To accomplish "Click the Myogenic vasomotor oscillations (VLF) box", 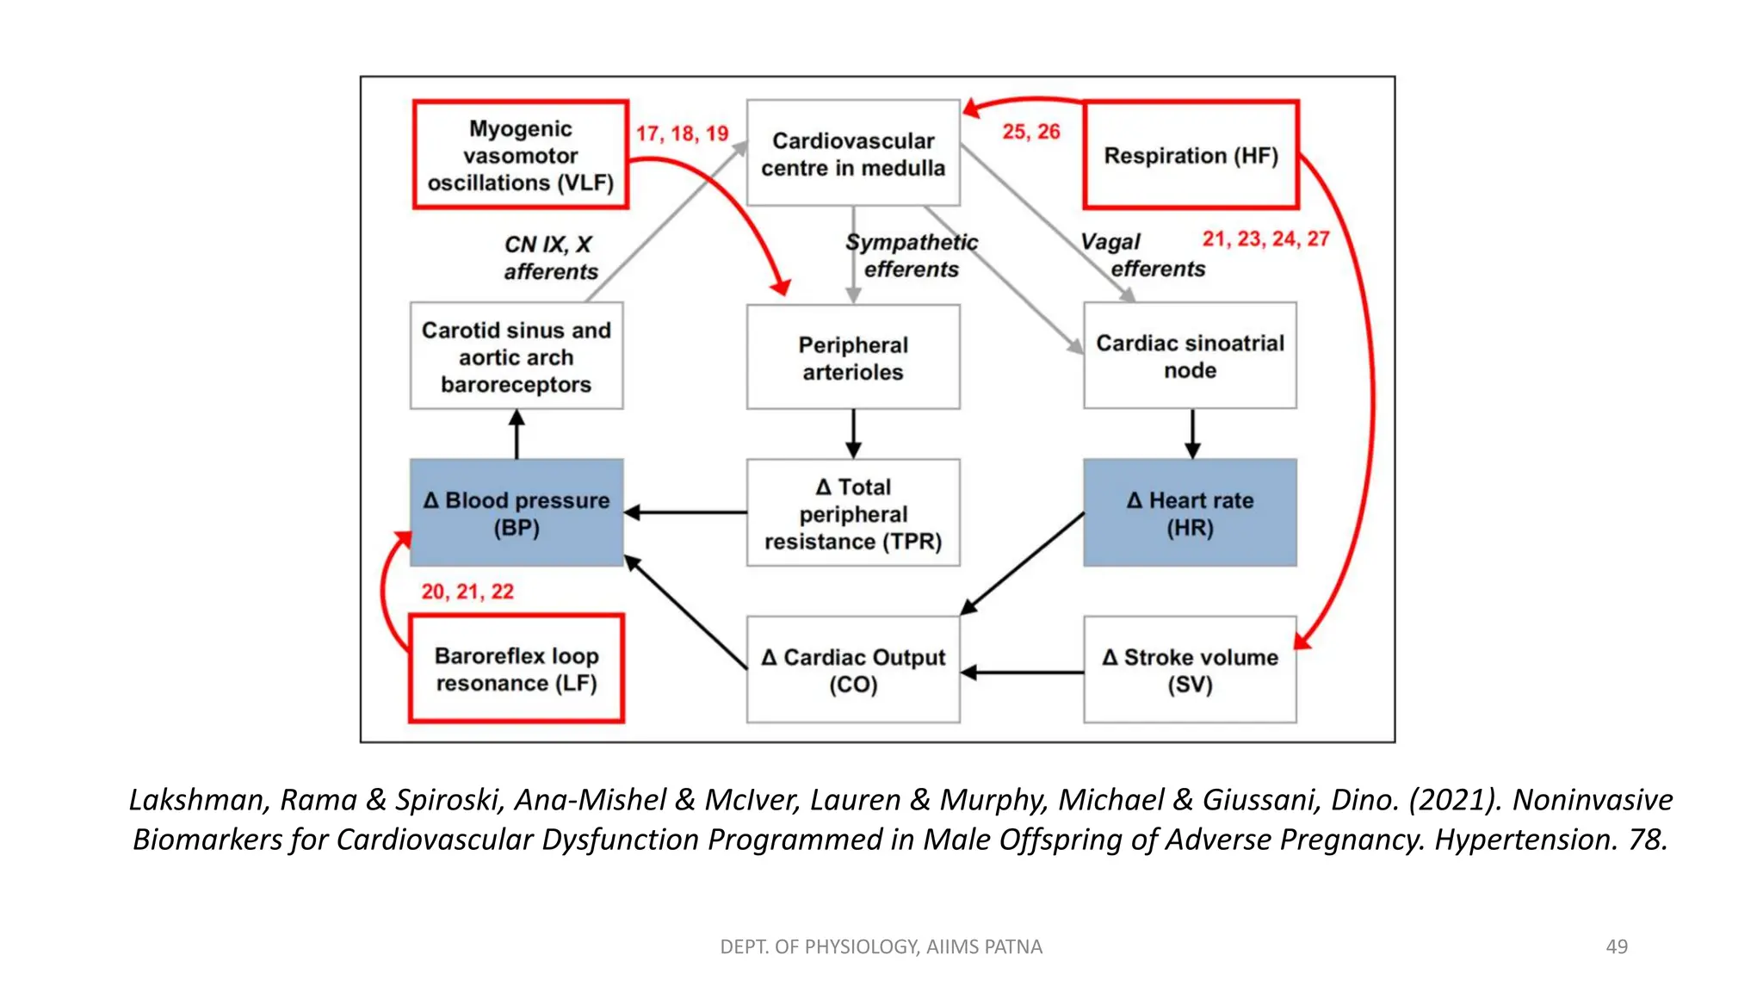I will (x=520, y=155).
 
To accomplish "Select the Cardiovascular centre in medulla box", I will (x=853, y=153).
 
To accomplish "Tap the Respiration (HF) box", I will (x=1191, y=155).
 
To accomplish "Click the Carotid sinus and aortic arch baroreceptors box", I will (x=517, y=356).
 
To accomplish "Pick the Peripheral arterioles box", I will (x=853, y=357).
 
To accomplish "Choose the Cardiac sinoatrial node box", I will (x=1190, y=356).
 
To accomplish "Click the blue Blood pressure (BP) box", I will (x=517, y=512).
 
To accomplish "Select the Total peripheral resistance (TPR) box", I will (x=853, y=513).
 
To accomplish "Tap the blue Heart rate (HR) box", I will (x=1190, y=512).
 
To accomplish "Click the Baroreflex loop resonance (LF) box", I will (x=517, y=669).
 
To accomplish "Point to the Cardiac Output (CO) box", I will (x=853, y=670).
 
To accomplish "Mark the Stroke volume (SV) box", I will (x=1190, y=670).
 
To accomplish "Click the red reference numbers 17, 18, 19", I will (x=682, y=133).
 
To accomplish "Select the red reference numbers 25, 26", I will (x=1030, y=132).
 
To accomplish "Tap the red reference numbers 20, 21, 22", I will (x=467, y=592).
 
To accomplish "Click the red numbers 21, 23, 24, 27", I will (x=1265, y=239).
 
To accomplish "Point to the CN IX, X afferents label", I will (x=549, y=257).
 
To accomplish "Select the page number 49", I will (x=1616, y=946).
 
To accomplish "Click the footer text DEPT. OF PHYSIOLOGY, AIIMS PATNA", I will (x=881, y=946).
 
